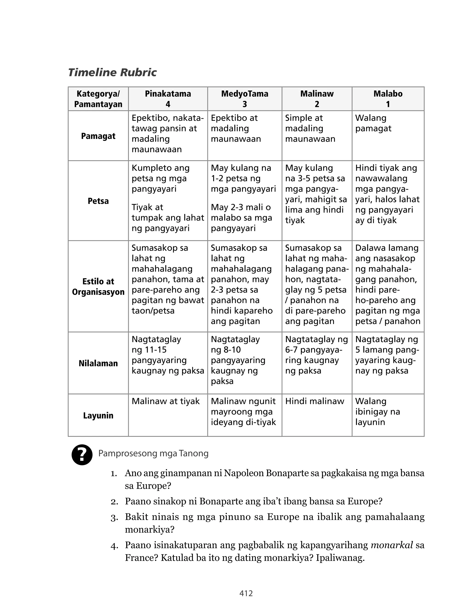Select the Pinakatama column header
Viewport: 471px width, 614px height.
coord(168,99)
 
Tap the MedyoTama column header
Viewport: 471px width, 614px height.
coord(244,99)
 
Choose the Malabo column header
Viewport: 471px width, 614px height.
coord(388,99)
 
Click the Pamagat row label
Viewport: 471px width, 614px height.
coord(98,136)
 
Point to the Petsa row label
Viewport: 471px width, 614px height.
coord(98,201)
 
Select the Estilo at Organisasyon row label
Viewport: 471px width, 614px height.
coord(98,287)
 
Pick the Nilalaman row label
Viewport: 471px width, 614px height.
coord(98,363)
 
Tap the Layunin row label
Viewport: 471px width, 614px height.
coord(98,415)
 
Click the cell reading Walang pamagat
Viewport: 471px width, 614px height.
coord(373,123)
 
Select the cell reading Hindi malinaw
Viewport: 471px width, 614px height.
coord(315,401)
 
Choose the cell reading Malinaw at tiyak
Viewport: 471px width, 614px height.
coord(166,401)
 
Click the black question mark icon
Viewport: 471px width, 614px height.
coord(82,455)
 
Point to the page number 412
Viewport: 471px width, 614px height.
coord(246,593)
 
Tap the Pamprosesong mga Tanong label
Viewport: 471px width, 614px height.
coord(153,453)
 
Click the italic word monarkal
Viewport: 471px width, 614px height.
coord(392,545)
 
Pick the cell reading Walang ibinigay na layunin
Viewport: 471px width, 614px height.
coord(377,412)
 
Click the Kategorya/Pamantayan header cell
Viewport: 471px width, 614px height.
coord(98,99)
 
